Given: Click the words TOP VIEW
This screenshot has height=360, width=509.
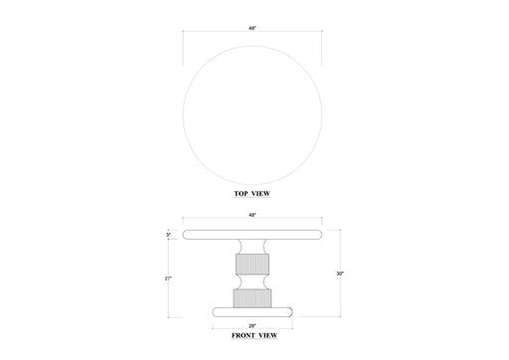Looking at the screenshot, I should (254, 194).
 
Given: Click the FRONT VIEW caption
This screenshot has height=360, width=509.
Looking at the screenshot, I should (254, 337).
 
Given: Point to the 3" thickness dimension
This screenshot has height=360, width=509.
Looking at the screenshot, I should (170, 235).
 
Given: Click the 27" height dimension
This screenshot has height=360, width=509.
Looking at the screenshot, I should (170, 279).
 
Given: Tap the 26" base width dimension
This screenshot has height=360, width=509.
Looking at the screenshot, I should (254, 325).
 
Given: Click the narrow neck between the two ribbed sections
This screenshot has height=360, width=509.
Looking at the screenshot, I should (254, 281).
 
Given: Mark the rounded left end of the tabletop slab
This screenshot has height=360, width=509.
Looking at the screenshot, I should (190, 235).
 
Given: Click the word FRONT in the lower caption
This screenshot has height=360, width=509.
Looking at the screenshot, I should (243, 337).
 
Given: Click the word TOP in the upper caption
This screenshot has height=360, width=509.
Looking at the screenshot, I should (242, 194).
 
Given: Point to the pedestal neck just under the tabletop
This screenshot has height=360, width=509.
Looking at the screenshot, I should (254, 245).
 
